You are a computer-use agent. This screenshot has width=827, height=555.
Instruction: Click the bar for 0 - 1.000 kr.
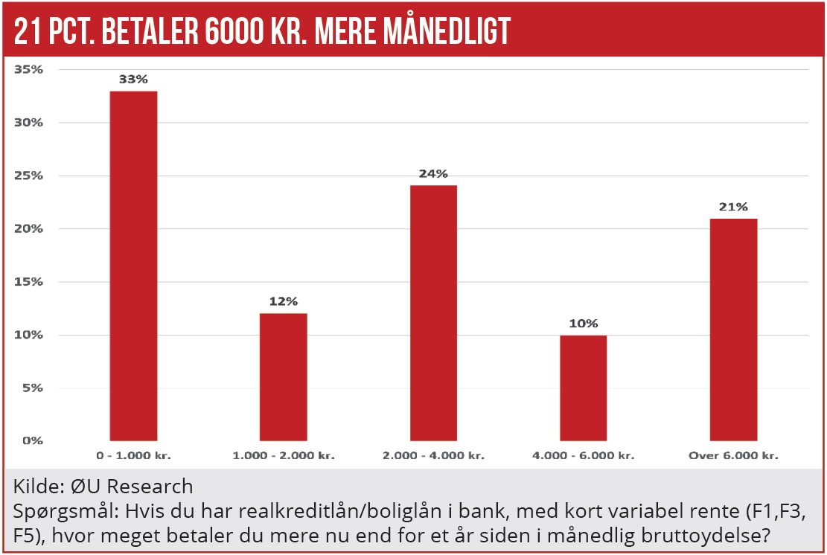133,266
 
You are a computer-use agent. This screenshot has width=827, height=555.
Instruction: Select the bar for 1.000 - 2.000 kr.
283,376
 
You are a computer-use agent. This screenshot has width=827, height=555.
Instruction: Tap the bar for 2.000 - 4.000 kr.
433,312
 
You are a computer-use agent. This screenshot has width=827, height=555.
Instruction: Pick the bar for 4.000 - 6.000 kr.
583,388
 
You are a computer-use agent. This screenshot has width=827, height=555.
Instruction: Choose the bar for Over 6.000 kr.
733,329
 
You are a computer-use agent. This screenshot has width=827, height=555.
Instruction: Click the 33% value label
133,79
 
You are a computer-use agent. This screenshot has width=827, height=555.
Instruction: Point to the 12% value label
283,301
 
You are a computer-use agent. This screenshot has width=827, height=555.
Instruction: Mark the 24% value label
433,173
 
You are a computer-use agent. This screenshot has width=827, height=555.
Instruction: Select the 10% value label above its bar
583,324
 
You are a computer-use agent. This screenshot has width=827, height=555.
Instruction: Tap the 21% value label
733,206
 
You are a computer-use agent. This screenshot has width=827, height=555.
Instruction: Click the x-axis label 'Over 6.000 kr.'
733,455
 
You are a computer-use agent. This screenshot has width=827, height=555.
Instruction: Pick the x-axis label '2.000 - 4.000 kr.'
433,455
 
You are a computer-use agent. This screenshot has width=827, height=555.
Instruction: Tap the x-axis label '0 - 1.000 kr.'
133,455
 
